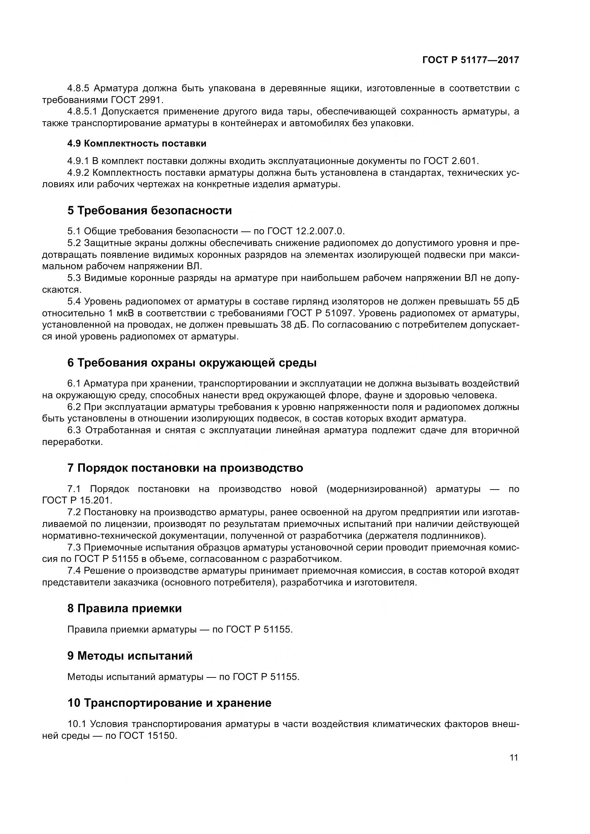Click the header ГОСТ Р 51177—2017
471,60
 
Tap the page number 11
514,757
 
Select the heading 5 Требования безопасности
149,211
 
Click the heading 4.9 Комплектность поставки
137,143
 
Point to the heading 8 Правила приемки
124,608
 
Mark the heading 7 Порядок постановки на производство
185,468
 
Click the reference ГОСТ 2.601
451,161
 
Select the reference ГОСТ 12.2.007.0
306,231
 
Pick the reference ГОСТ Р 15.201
77,500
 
